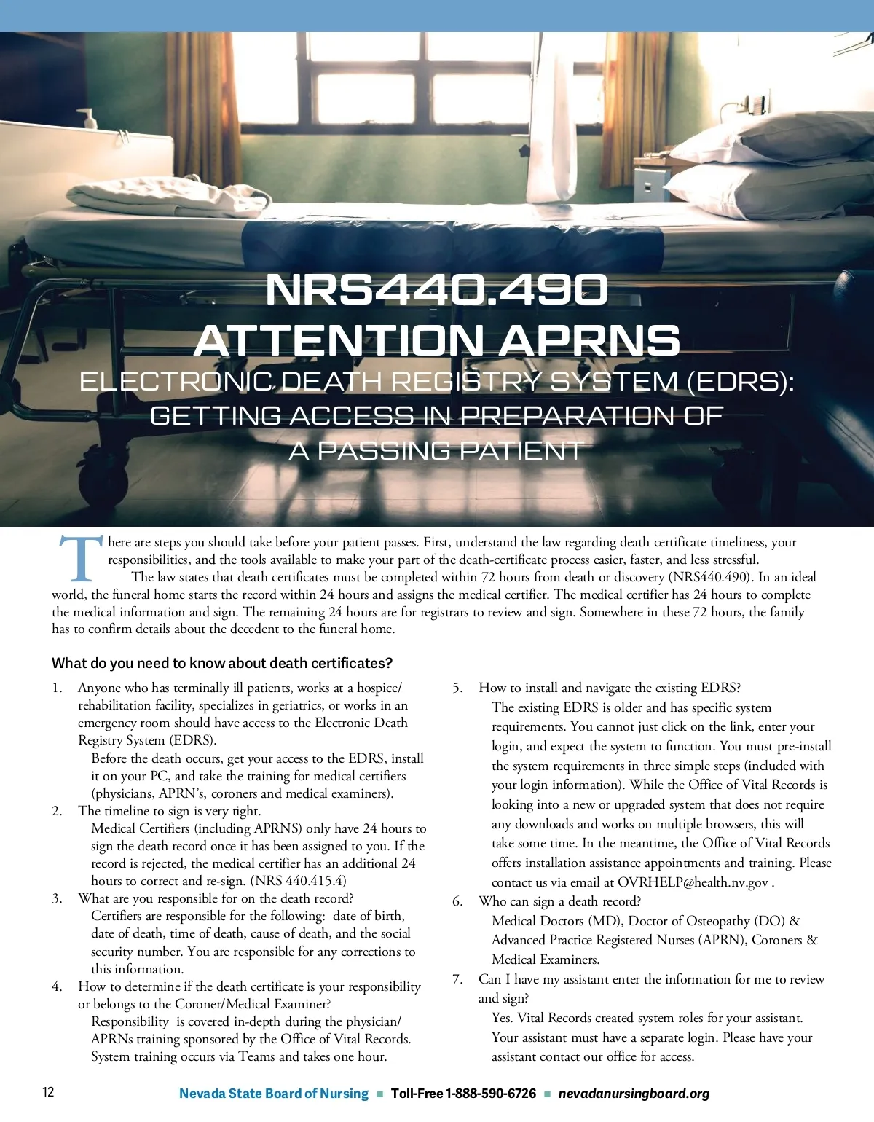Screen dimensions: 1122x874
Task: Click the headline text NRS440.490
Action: pos(436,290)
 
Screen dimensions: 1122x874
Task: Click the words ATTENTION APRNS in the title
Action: pos(437,340)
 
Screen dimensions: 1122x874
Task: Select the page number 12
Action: pos(48,1092)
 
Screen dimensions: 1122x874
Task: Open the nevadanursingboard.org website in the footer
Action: pos(634,1094)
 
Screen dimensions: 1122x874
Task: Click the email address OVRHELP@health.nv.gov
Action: pos(693,882)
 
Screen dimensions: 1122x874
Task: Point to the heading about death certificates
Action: pos(222,663)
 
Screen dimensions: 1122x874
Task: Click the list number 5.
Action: pos(457,688)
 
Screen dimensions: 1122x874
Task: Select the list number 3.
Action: pos(57,898)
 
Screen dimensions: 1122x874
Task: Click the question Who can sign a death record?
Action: pos(559,901)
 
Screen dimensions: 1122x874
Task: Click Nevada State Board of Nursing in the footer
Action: pos(274,1094)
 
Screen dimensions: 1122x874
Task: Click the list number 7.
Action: pos(457,979)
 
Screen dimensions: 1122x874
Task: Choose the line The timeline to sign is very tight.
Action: pos(169,811)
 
